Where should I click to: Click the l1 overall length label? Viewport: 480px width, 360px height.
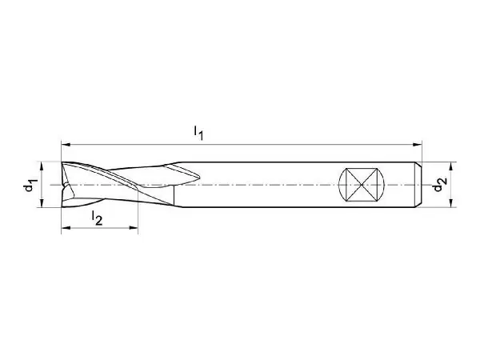pyautogui.click(x=198, y=133)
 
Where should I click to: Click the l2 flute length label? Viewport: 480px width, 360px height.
pyautogui.click(x=97, y=218)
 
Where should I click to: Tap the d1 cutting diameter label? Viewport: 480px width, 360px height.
pyautogui.click(x=30, y=185)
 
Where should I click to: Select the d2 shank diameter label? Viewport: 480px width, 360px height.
pyautogui.click(x=440, y=184)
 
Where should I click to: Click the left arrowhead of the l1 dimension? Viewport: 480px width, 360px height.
pyautogui.click(x=66, y=144)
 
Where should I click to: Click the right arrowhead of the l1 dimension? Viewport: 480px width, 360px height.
pyautogui.click(x=418, y=144)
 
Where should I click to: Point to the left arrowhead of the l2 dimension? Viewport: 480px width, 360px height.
pyautogui.click(x=66, y=227)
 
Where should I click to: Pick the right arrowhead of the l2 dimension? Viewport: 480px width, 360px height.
pyautogui.click(x=134, y=227)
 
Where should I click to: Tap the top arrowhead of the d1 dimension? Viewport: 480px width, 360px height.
pyautogui.click(x=42, y=166)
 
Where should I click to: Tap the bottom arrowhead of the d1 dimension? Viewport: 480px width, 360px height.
pyautogui.click(x=42, y=202)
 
